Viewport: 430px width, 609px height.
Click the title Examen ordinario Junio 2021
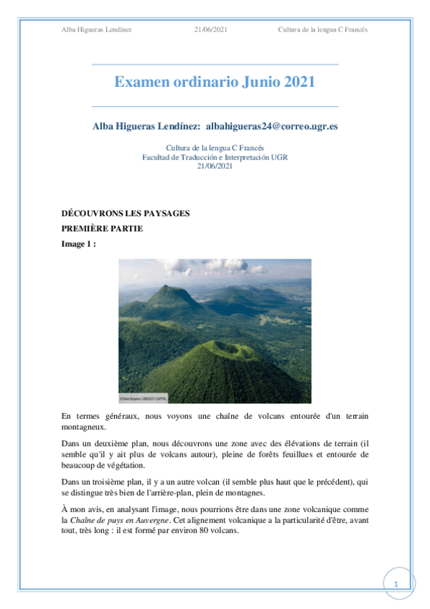[215, 82]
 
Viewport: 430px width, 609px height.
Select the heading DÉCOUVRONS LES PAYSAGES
[126, 214]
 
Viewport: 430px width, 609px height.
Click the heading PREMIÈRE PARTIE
[102, 228]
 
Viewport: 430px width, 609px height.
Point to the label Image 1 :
[79, 243]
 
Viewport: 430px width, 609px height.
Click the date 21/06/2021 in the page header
[211, 29]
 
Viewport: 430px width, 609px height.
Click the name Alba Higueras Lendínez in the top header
[97, 29]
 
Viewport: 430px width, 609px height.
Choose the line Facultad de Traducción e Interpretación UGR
[215, 157]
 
